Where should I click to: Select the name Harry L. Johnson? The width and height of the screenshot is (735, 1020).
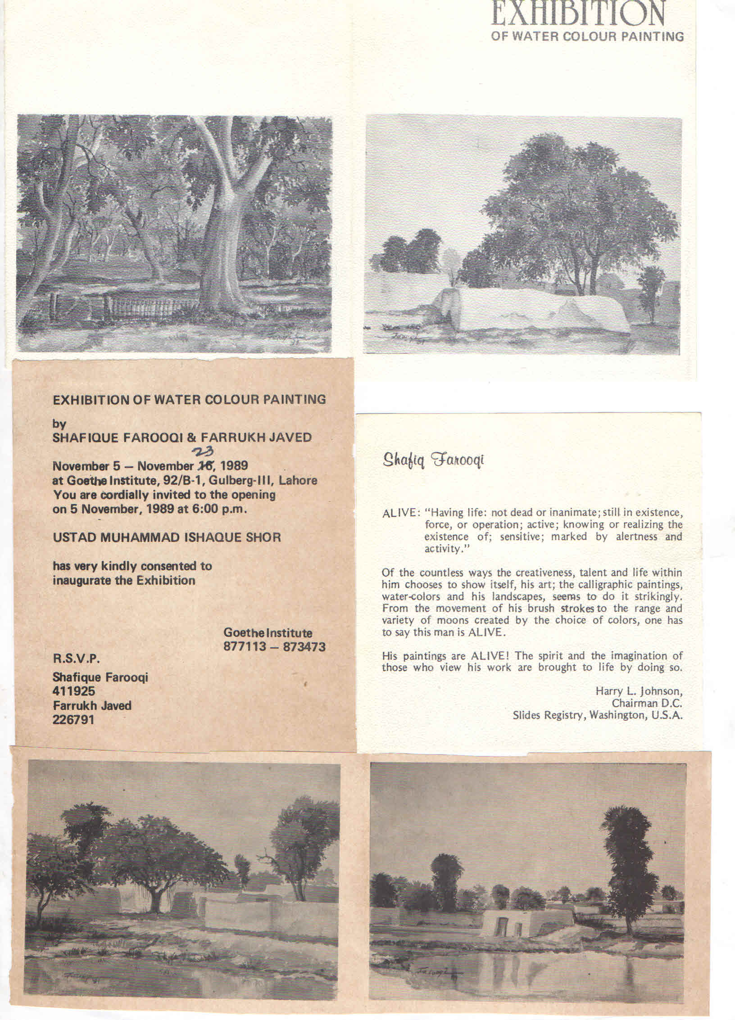point(639,691)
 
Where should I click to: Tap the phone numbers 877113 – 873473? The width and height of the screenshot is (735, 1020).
point(274,647)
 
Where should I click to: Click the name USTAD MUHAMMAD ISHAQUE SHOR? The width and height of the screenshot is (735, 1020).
point(167,537)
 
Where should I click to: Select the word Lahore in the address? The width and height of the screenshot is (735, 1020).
point(298,480)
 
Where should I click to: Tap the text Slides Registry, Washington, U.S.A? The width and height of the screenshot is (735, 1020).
point(598,715)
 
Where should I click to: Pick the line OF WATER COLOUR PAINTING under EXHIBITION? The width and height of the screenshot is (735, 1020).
point(588,36)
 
